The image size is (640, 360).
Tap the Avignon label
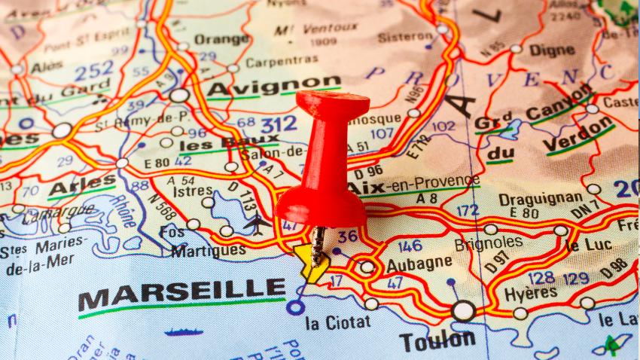coord(273,86)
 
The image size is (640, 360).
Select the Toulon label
coord(437,340)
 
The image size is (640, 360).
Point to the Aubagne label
coord(419,264)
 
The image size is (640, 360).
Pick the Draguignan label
coord(540,198)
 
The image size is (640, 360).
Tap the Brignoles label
coord(488,243)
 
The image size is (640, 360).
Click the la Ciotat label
coord(337,322)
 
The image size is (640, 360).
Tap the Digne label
coord(552,50)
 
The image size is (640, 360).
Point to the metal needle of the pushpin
coord(319,244)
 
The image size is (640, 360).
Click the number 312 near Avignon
coord(278,122)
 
